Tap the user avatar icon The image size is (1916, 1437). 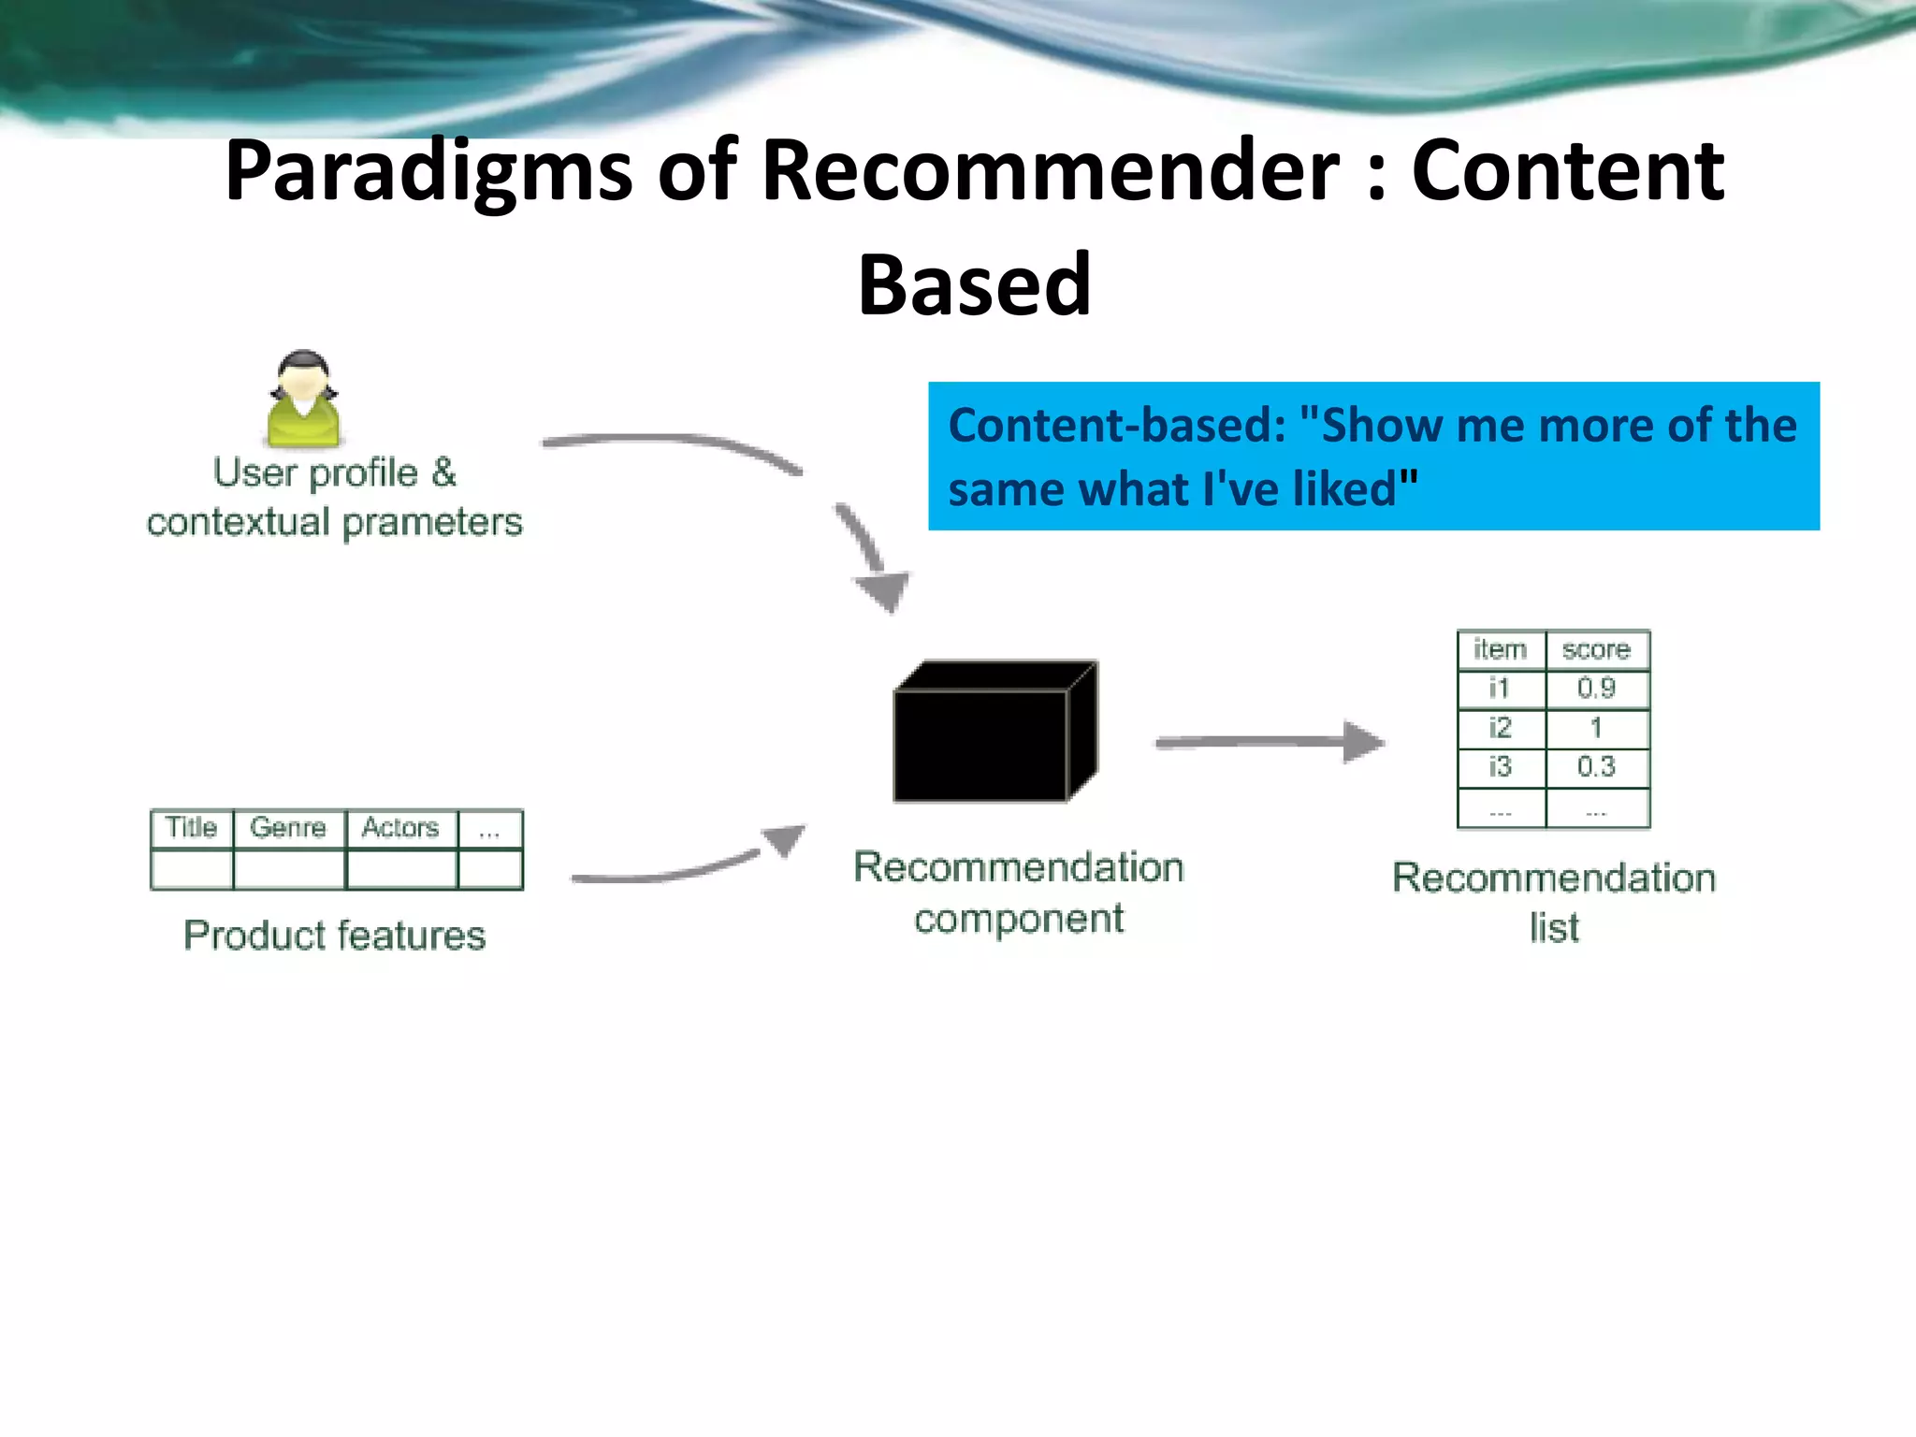tap(303, 400)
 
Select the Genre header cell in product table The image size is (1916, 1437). tap(288, 828)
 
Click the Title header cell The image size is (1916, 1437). tap(192, 828)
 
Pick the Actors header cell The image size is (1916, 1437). tap(400, 828)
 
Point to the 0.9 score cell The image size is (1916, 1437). tap(1596, 689)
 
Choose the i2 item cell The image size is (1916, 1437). tap(1500, 728)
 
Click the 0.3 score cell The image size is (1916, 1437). tap(1596, 767)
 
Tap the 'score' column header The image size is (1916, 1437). tap(1596, 649)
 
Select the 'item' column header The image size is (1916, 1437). tap(1500, 649)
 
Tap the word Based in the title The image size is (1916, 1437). tap(974, 284)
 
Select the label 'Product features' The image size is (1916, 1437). tap(335, 936)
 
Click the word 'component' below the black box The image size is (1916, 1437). tap(1019, 920)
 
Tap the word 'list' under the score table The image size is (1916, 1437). tap(1554, 928)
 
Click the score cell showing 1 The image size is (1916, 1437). tap(1596, 728)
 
